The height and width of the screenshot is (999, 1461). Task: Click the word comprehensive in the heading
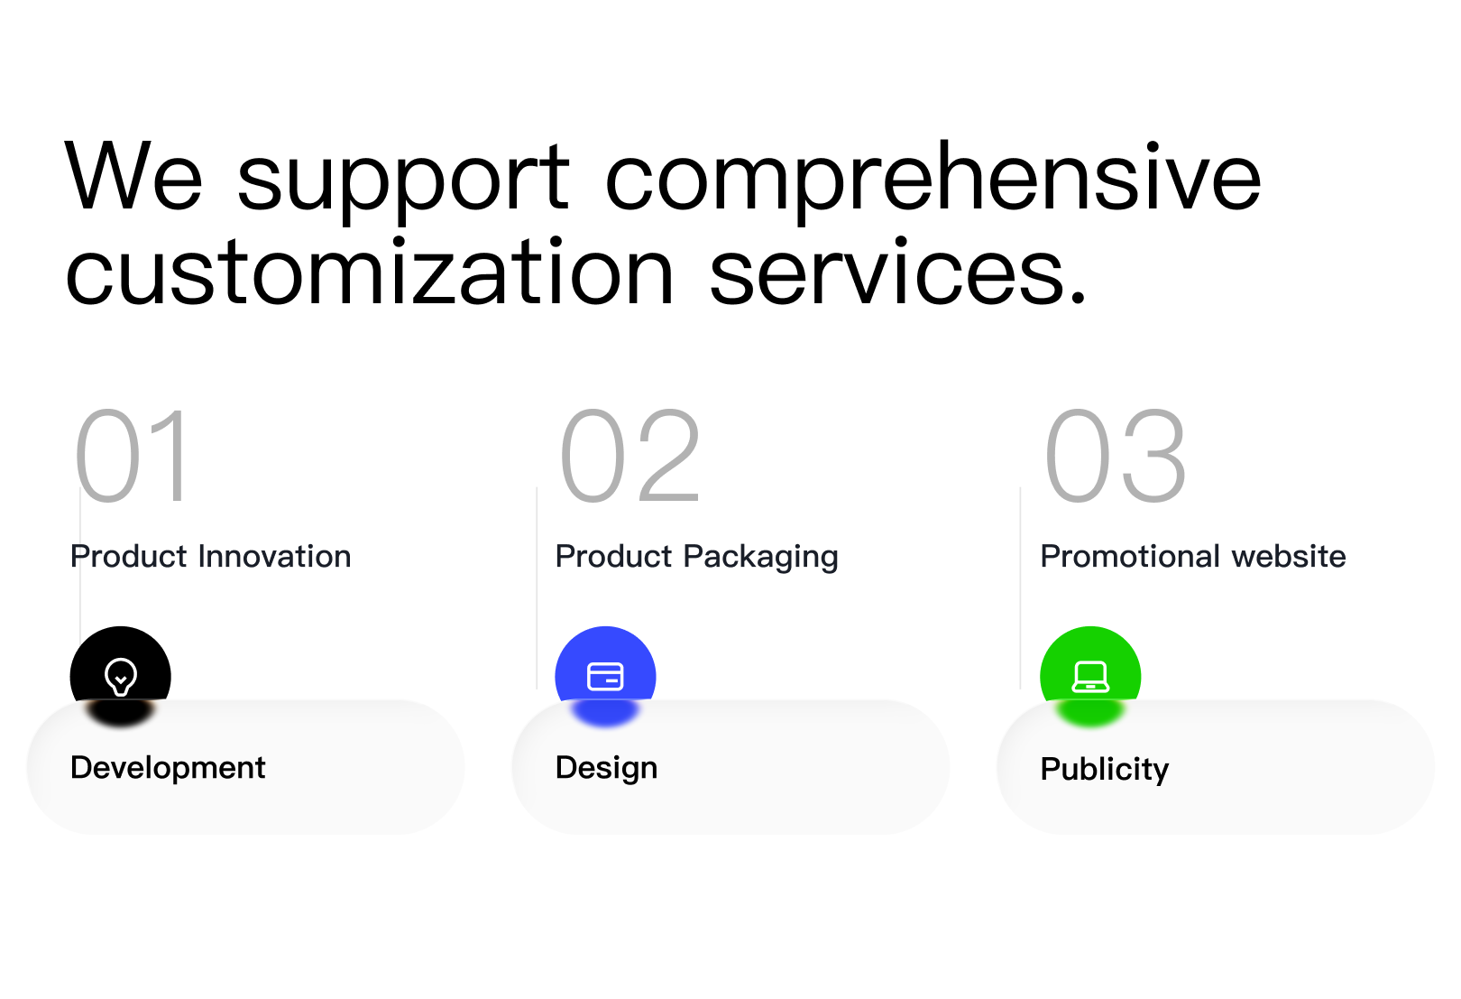[x=933, y=182]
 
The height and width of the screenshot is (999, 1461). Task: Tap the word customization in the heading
[x=369, y=271]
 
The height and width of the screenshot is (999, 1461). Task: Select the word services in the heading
[x=898, y=271]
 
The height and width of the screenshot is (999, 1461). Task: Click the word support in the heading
[x=403, y=182]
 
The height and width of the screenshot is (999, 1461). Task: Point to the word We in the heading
[x=133, y=175]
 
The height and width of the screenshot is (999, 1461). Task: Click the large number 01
[x=133, y=455]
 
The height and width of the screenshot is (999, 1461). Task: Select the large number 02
[x=630, y=455]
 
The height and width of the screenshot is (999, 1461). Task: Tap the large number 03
[x=1116, y=455]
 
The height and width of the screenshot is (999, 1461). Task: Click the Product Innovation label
[x=211, y=557]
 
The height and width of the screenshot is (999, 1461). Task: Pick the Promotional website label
[x=1193, y=557]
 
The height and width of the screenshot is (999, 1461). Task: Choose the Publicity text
[x=1105, y=770]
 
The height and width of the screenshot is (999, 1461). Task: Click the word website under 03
[x=1289, y=557]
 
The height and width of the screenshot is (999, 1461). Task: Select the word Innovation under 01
[x=274, y=557]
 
